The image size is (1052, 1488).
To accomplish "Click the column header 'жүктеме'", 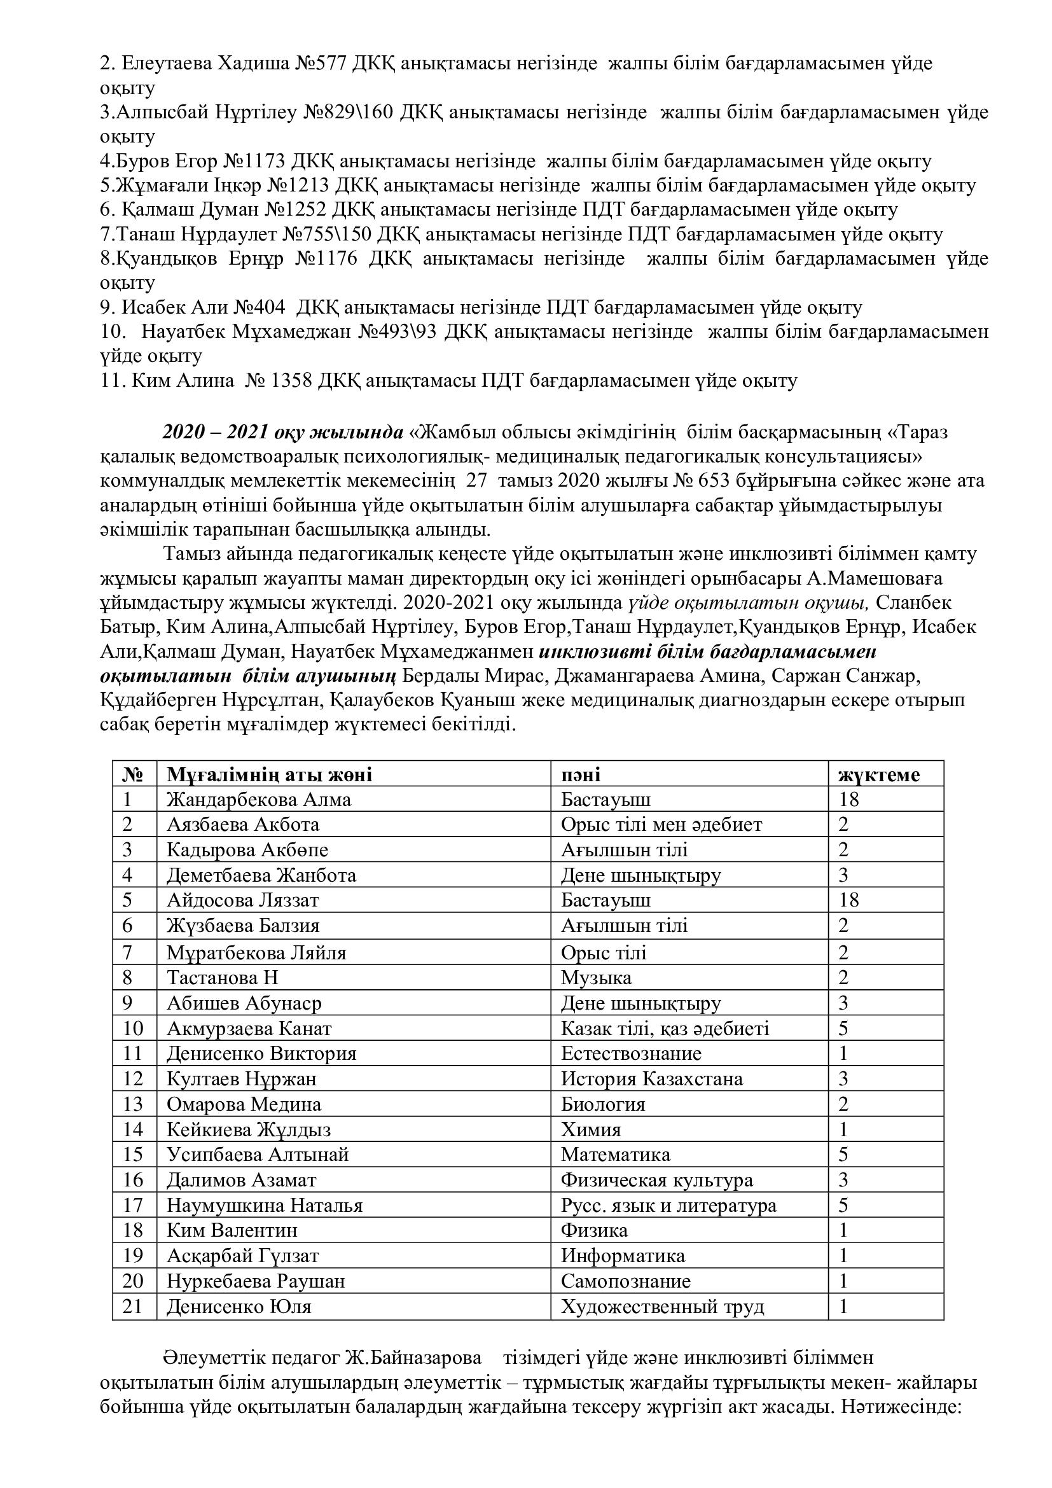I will pyautogui.click(x=879, y=775).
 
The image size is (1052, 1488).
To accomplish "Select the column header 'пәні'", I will pyautogui.click(x=581, y=775).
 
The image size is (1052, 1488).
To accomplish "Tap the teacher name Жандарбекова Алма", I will pyautogui.click(x=259, y=800).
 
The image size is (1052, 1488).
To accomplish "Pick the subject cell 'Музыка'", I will pyautogui.click(x=596, y=977).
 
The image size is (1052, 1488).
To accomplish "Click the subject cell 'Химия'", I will pyautogui.click(x=591, y=1130).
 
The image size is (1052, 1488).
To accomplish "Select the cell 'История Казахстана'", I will pyautogui.click(x=652, y=1079).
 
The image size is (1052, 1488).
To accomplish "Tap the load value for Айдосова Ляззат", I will pyautogui.click(x=848, y=900).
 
